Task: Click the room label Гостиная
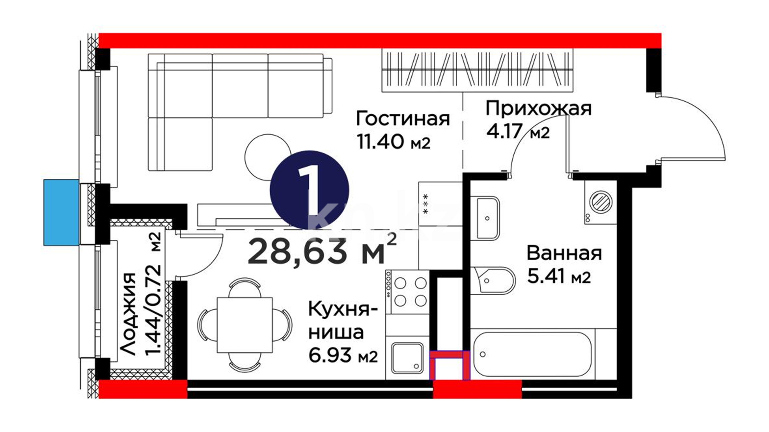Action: pyautogui.click(x=403, y=119)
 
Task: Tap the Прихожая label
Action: pyautogui.click(x=539, y=108)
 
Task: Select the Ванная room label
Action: pyautogui.click(x=564, y=253)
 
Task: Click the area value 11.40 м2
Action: pyautogui.click(x=393, y=142)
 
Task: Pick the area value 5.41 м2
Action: pyautogui.click(x=559, y=276)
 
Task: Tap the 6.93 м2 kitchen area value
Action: pyautogui.click(x=343, y=355)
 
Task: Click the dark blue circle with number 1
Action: pyautogui.click(x=310, y=190)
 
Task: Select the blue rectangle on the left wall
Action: pyautogui.click(x=61, y=212)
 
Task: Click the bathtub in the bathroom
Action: pyautogui.click(x=533, y=354)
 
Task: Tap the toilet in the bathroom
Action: pyautogui.click(x=492, y=280)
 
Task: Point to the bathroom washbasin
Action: pyautogui.click(x=485, y=218)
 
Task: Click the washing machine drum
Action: pyautogui.click(x=600, y=201)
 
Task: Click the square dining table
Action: pyautogui.click(x=244, y=325)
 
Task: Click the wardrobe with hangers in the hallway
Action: pyautogui.click(x=477, y=70)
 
